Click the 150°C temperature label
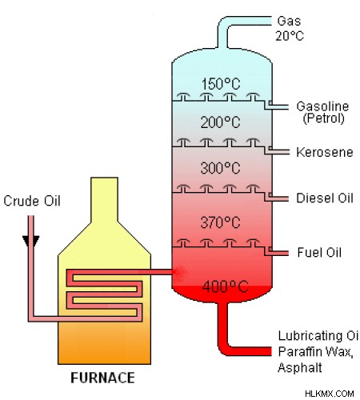click(x=221, y=84)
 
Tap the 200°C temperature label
click(x=220, y=122)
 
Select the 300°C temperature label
click(x=220, y=168)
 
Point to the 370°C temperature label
click(x=220, y=222)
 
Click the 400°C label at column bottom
click(x=225, y=286)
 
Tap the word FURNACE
click(x=102, y=378)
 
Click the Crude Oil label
click(x=32, y=201)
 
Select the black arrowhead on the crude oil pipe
click(x=31, y=241)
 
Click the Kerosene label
click(x=325, y=152)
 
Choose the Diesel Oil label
click(x=325, y=198)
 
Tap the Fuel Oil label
click(x=319, y=252)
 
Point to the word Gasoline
click(x=322, y=106)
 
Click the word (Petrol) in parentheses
click(x=323, y=118)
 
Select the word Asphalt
click(x=300, y=367)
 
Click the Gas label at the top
click(x=289, y=21)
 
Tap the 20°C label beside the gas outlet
click(x=290, y=36)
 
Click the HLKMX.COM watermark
click(x=330, y=394)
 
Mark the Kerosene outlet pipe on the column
click(x=278, y=152)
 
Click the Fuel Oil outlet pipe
click(x=278, y=252)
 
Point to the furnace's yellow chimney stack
click(x=104, y=199)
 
